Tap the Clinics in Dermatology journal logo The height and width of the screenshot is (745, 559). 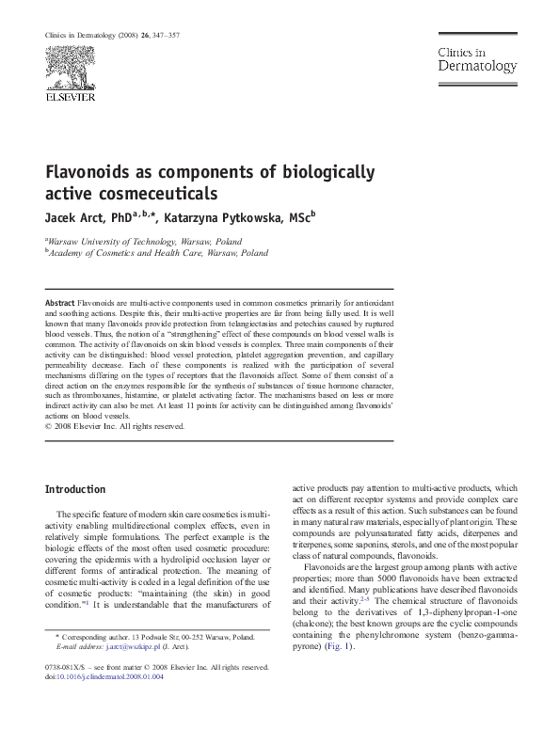click(475, 60)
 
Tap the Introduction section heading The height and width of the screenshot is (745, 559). click(75, 490)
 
